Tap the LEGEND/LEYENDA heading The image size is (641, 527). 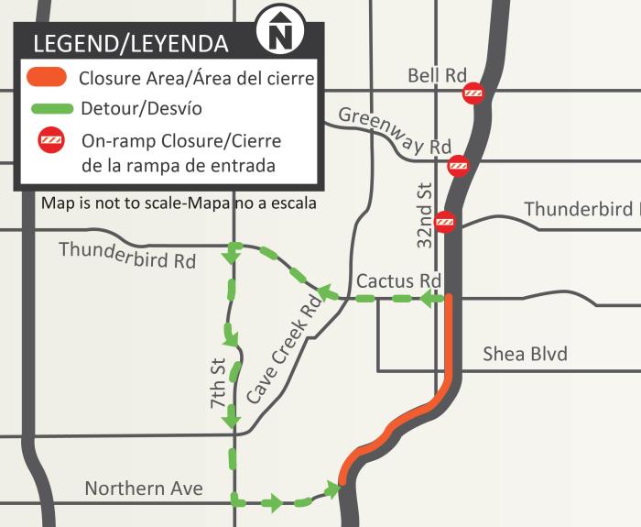(x=131, y=44)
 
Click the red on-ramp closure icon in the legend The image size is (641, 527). (x=49, y=141)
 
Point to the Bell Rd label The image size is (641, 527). (x=437, y=75)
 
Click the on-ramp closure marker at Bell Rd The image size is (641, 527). (x=473, y=92)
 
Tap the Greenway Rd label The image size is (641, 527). (x=395, y=130)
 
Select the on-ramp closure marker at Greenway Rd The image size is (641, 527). (x=458, y=166)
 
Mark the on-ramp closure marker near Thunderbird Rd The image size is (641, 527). (x=445, y=222)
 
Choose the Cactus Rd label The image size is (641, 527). (x=399, y=280)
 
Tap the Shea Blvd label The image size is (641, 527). (x=525, y=354)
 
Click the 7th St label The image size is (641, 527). (x=218, y=382)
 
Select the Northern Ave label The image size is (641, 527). (x=144, y=488)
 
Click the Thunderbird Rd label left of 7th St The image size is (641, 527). (x=127, y=254)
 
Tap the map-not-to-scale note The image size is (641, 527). (x=179, y=203)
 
